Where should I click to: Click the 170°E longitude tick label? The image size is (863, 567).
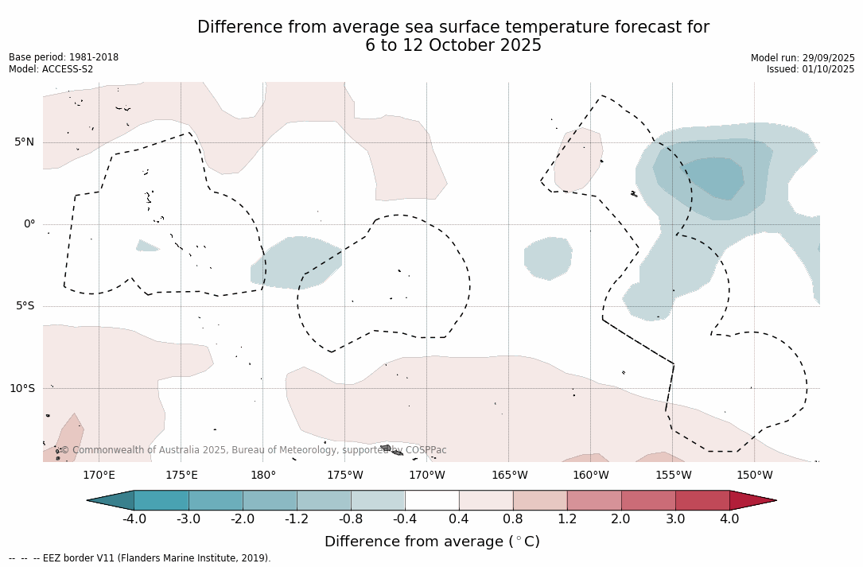point(99,476)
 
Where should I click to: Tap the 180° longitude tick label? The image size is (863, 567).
point(262,476)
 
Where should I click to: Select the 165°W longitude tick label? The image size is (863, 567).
point(509,476)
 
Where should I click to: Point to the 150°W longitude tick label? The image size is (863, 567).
point(754,476)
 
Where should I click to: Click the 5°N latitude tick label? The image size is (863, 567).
point(24,142)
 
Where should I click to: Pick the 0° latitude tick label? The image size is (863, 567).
point(29,224)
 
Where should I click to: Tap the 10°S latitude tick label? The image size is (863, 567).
point(21,389)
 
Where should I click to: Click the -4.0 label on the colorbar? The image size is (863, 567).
point(134,519)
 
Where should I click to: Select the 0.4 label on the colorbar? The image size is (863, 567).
point(459,519)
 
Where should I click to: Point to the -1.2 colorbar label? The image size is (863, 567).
point(297,519)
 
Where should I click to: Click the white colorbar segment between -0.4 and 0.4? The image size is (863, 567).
point(432,500)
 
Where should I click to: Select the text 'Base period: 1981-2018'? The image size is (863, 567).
point(64,57)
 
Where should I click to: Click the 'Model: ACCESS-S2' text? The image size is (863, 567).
point(51,69)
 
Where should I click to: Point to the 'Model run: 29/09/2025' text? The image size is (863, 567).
point(803,58)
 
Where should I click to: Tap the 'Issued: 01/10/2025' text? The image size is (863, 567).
point(811,69)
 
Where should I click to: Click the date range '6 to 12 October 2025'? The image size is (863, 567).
point(453,46)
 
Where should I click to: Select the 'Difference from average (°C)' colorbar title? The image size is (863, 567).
point(432,542)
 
